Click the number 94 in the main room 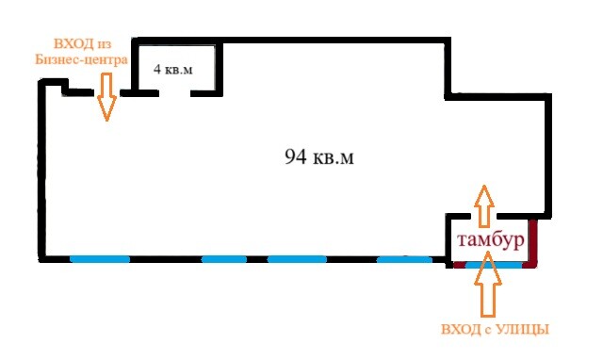(295, 157)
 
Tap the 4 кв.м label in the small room (173, 69)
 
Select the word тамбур (491, 240)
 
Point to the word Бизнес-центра (81, 59)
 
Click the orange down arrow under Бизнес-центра (106, 96)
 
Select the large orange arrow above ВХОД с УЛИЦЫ (488, 284)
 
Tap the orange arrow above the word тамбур (484, 206)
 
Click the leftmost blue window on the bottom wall (100, 259)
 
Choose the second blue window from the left (224, 259)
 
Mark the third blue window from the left (298, 259)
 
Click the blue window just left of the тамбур (404, 259)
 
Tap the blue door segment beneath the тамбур (494, 265)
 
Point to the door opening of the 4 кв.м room (174, 93)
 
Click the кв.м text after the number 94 (333, 157)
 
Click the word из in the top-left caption (105, 44)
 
